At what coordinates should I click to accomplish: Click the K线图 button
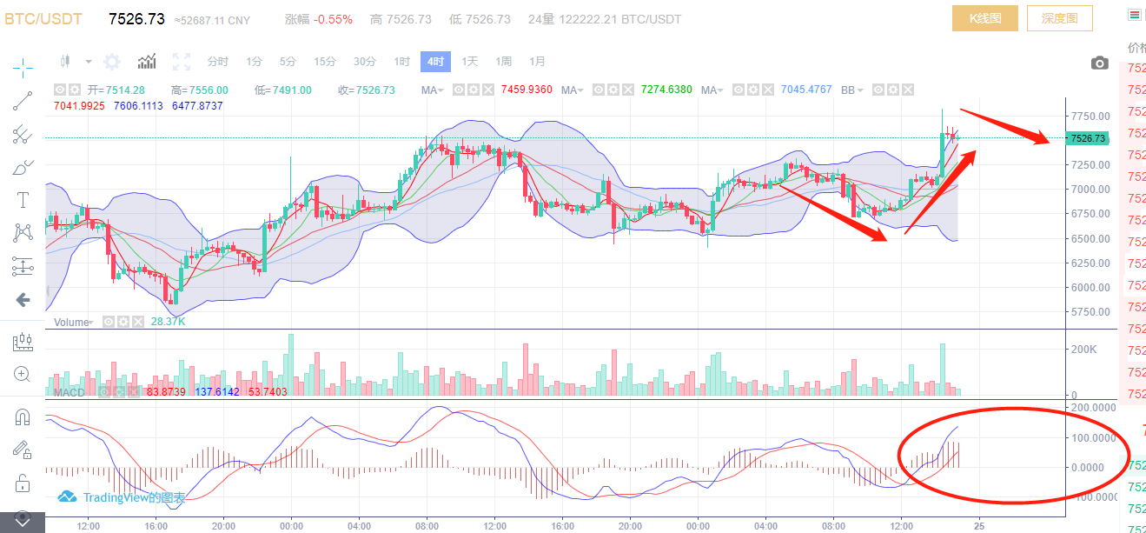tap(984, 18)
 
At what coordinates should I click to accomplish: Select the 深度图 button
tap(1059, 18)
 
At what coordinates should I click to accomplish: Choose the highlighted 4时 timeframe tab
tap(435, 62)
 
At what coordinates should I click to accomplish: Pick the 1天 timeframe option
tap(469, 62)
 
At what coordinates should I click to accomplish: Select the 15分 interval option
tap(325, 62)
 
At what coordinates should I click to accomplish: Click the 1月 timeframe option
tap(537, 62)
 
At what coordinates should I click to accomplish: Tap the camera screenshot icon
tap(1099, 63)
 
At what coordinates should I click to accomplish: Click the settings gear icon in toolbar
tap(112, 62)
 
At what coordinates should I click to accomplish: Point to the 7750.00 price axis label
tap(1090, 116)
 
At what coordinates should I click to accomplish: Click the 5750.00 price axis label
tap(1090, 312)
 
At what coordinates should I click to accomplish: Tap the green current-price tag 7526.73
tap(1088, 138)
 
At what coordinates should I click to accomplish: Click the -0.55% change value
tap(333, 19)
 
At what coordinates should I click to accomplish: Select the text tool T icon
tap(23, 200)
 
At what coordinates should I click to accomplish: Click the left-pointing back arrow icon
tap(23, 300)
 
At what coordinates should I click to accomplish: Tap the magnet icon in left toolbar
tap(23, 417)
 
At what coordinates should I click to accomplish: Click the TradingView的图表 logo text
tap(123, 497)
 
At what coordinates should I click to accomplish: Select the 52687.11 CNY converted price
tap(213, 20)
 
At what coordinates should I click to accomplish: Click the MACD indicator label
tap(70, 393)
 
